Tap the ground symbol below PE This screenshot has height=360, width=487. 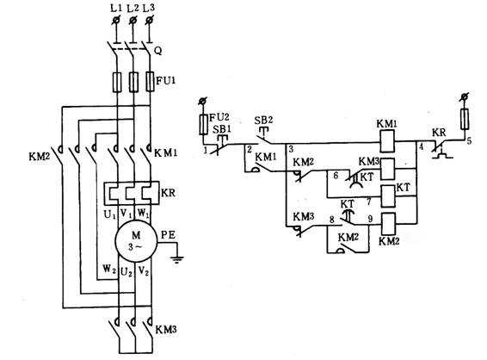(x=177, y=259)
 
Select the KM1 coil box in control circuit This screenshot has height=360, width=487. (x=387, y=141)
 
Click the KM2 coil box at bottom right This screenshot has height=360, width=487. (x=388, y=223)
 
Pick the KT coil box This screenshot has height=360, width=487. (x=388, y=196)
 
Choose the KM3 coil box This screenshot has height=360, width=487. (x=387, y=169)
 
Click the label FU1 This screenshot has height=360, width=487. (x=165, y=81)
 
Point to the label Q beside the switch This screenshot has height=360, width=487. (x=158, y=52)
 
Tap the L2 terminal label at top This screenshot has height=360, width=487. (x=133, y=9)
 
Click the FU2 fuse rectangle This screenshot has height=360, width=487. (x=203, y=124)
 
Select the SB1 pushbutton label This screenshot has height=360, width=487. (x=221, y=129)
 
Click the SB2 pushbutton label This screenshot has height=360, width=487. (x=263, y=120)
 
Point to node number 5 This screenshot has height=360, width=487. (x=469, y=140)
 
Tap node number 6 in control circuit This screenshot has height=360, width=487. (x=336, y=176)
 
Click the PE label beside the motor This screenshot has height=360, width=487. (x=168, y=235)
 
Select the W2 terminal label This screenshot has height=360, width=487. (x=109, y=269)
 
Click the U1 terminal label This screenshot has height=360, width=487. (x=109, y=214)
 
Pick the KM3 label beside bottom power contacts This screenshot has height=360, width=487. (x=166, y=330)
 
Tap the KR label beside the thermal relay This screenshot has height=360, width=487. (x=169, y=193)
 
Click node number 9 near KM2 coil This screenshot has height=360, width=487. (x=370, y=219)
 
